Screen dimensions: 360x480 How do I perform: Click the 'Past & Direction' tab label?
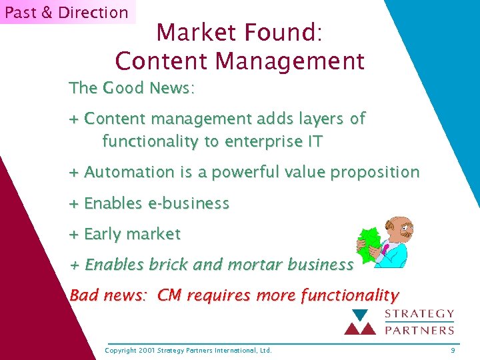(67, 12)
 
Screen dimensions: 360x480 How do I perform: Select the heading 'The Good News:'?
(132, 88)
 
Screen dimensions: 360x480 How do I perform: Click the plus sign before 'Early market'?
(74, 234)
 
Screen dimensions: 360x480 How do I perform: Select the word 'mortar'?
(255, 265)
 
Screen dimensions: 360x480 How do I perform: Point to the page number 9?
(453, 350)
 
